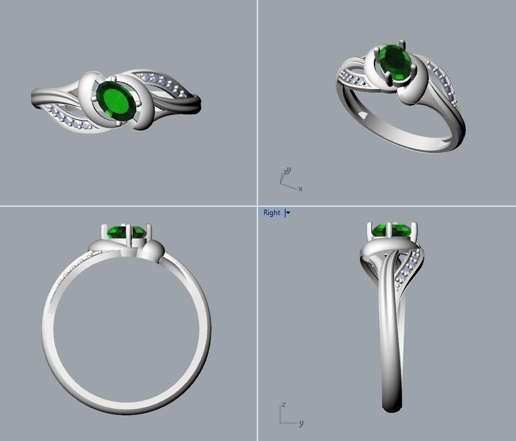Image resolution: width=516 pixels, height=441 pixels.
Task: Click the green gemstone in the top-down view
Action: [116, 102]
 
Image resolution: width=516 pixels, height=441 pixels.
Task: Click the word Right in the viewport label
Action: [271, 213]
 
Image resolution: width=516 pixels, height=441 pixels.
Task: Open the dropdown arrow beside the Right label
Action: [288, 213]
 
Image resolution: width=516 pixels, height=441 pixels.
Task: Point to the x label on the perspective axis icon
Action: [300, 189]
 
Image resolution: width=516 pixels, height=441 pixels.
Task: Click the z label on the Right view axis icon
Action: [284, 405]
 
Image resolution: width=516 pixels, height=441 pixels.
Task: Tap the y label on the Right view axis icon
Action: [301, 424]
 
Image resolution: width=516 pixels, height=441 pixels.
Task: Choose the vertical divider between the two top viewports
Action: [257, 102]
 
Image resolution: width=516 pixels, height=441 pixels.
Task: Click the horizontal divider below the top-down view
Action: [128, 206]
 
